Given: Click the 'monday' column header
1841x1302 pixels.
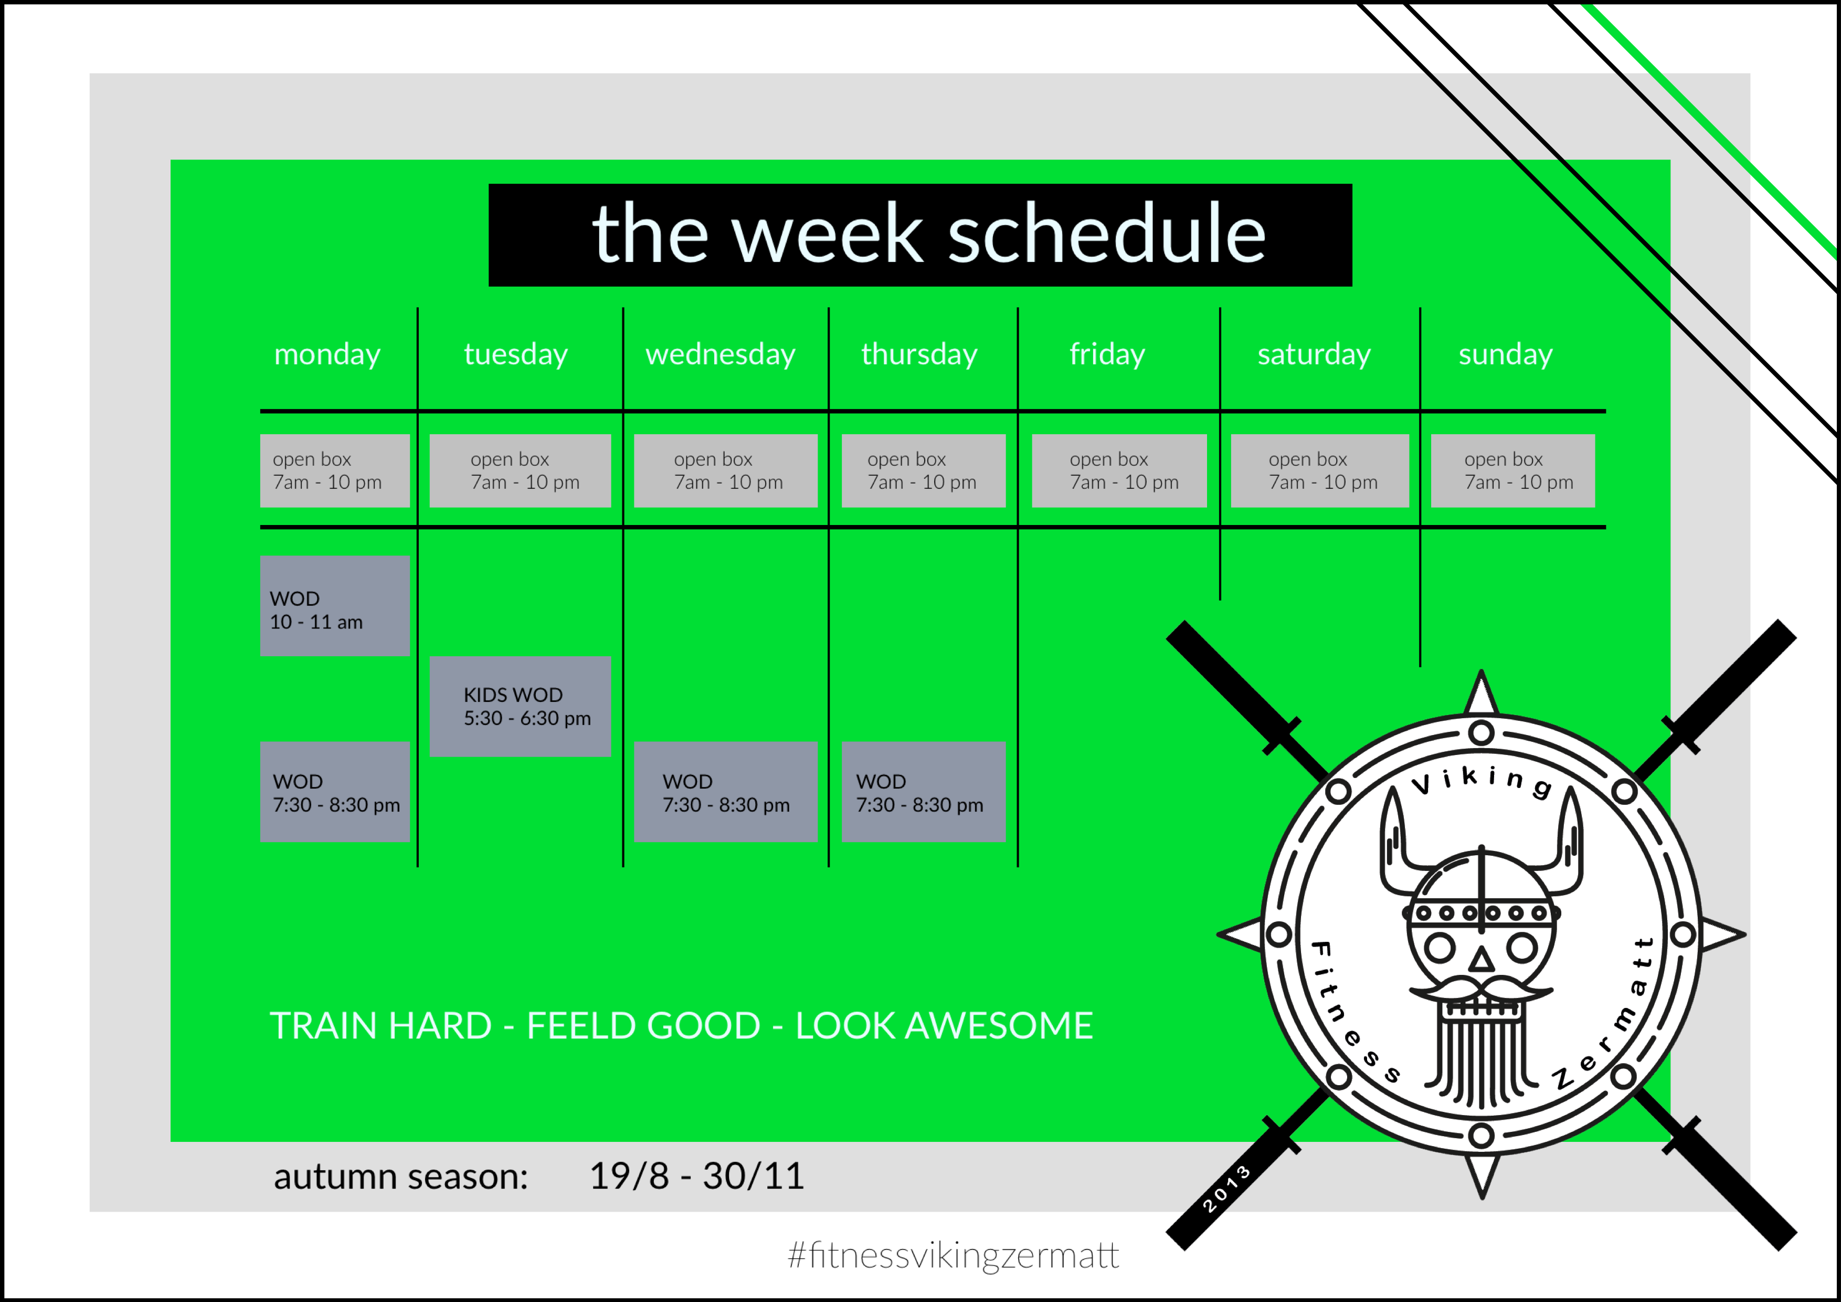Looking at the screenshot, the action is tap(327, 354).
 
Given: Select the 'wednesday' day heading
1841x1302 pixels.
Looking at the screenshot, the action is tap(720, 354).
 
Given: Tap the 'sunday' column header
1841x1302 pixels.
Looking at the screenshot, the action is tap(1505, 354).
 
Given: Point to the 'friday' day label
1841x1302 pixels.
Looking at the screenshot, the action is tap(1107, 354).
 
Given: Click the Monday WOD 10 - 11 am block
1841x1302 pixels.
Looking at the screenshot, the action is tap(335, 606).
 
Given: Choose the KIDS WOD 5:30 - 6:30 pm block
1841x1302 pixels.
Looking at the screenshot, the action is tap(521, 706).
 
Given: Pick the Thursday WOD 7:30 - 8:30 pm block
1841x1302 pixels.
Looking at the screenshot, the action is tap(924, 792).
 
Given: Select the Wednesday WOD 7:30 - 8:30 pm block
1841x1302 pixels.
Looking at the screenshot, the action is tap(726, 792).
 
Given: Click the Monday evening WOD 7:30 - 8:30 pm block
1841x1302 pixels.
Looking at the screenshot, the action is tap(335, 792).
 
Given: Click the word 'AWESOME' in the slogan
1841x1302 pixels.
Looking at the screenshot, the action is tap(999, 1025).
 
